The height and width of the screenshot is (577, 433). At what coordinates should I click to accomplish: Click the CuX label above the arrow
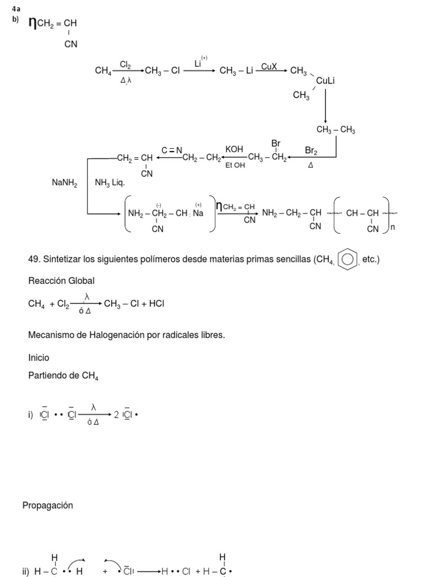tap(269, 66)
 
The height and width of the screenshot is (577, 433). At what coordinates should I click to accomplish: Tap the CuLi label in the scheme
tap(325, 81)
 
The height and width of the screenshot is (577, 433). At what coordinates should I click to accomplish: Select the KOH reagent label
tap(234, 149)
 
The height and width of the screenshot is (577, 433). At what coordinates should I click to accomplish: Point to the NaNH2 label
tap(64, 183)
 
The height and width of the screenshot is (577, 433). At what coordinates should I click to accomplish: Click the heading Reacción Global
tap(61, 281)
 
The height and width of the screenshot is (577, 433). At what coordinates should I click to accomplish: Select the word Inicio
tap(38, 358)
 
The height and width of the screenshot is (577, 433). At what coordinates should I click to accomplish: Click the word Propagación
tap(48, 505)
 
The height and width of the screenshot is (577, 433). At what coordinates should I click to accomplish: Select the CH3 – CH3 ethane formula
tap(335, 130)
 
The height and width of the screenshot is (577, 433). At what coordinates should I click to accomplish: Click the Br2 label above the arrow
tap(311, 150)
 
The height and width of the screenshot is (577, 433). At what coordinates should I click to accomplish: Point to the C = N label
tap(172, 150)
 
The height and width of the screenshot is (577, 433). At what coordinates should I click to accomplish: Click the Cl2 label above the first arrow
tap(125, 66)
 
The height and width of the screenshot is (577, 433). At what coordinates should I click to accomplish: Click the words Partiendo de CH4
tap(63, 376)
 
